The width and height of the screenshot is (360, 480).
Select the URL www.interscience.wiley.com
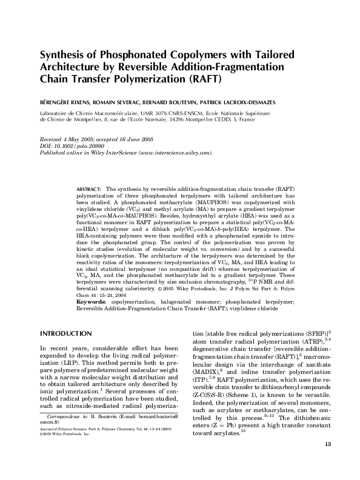[175, 152]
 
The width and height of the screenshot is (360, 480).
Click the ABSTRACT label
[88, 190]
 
